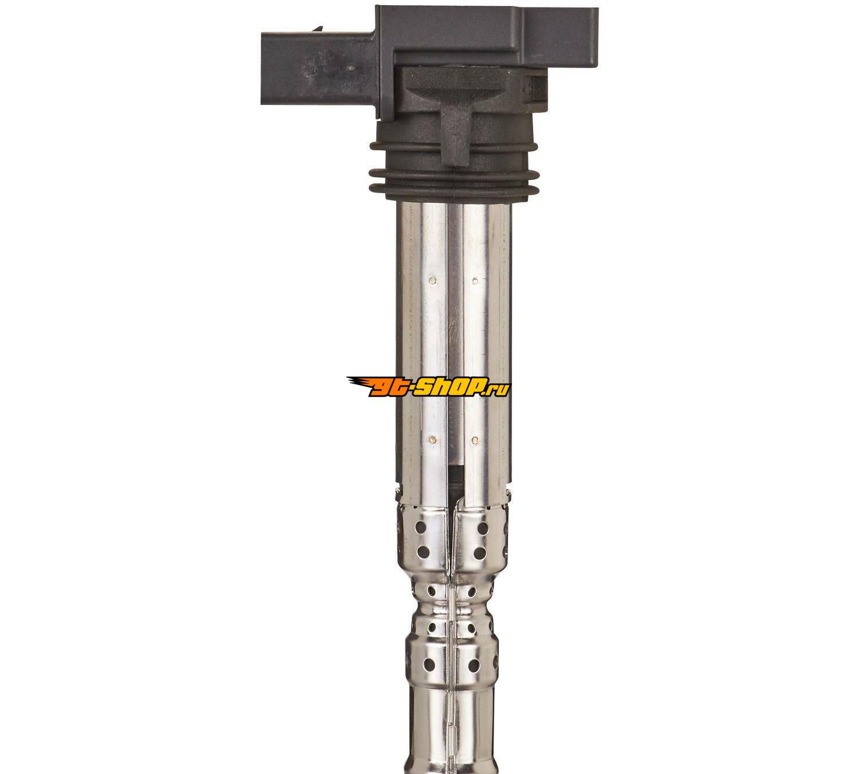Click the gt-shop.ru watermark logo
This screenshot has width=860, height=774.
[x=429, y=386]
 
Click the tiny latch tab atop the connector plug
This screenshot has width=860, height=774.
[x=318, y=29]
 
